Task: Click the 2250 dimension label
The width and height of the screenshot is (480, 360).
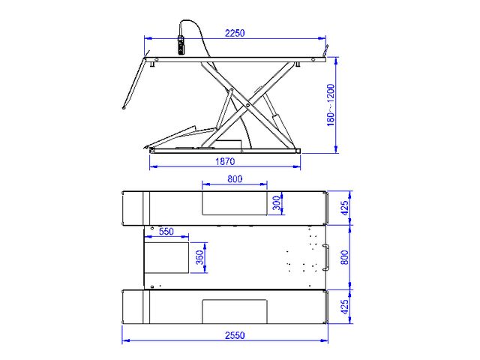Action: (x=235, y=33)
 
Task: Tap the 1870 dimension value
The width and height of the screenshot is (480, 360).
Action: (x=225, y=161)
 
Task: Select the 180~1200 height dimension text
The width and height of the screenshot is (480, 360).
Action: (x=331, y=105)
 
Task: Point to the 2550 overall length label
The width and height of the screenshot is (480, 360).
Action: (x=235, y=335)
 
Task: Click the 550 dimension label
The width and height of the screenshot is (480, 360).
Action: (x=166, y=232)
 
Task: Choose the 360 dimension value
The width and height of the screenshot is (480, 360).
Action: (x=199, y=257)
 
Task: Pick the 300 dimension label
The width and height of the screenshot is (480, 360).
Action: (x=277, y=203)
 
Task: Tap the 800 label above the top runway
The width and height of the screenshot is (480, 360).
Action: (x=235, y=178)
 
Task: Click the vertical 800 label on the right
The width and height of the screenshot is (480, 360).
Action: (x=344, y=257)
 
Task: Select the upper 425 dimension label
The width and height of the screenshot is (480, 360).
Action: (x=344, y=208)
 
